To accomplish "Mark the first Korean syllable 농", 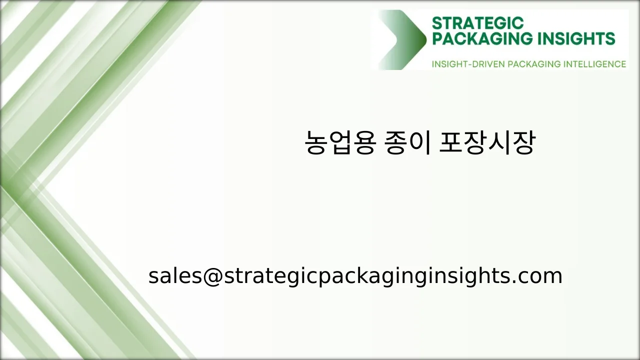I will (x=316, y=143).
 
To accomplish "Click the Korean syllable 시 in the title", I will (x=498, y=143).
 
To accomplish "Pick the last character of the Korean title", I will (x=523, y=143).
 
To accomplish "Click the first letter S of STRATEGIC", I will (x=436, y=23).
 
